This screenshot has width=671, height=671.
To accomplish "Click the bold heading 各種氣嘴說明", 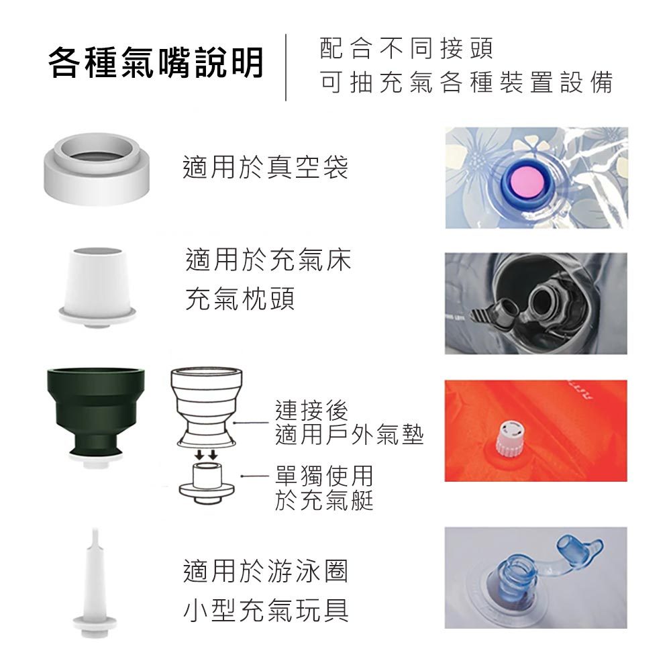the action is coord(156,62).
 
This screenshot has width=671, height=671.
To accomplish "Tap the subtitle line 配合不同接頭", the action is coord(407,48).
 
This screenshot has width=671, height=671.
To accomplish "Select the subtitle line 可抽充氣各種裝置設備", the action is coord(466,82).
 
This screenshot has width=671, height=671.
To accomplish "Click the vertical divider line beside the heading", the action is coord(286,68).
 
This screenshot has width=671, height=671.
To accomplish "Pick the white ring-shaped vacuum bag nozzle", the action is coord(97,169).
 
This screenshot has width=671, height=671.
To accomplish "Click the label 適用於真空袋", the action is coord(265,167).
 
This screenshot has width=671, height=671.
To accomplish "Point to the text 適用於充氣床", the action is coord(268,260).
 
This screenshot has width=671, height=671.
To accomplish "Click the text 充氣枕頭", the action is coord(240,299).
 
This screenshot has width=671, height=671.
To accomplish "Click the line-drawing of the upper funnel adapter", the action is coord(206,407).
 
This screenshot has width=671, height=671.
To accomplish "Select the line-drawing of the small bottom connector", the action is coord(207,482).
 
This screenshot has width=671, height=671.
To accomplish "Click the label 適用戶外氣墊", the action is coord(349,435).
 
